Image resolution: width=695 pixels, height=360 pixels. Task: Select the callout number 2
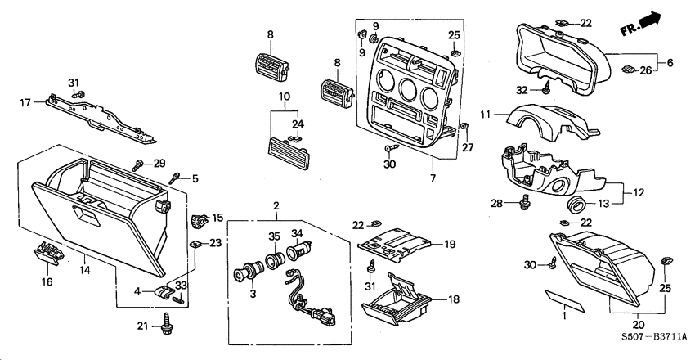(x=276, y=205)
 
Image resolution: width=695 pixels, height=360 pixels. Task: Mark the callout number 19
(x=448, y=244)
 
